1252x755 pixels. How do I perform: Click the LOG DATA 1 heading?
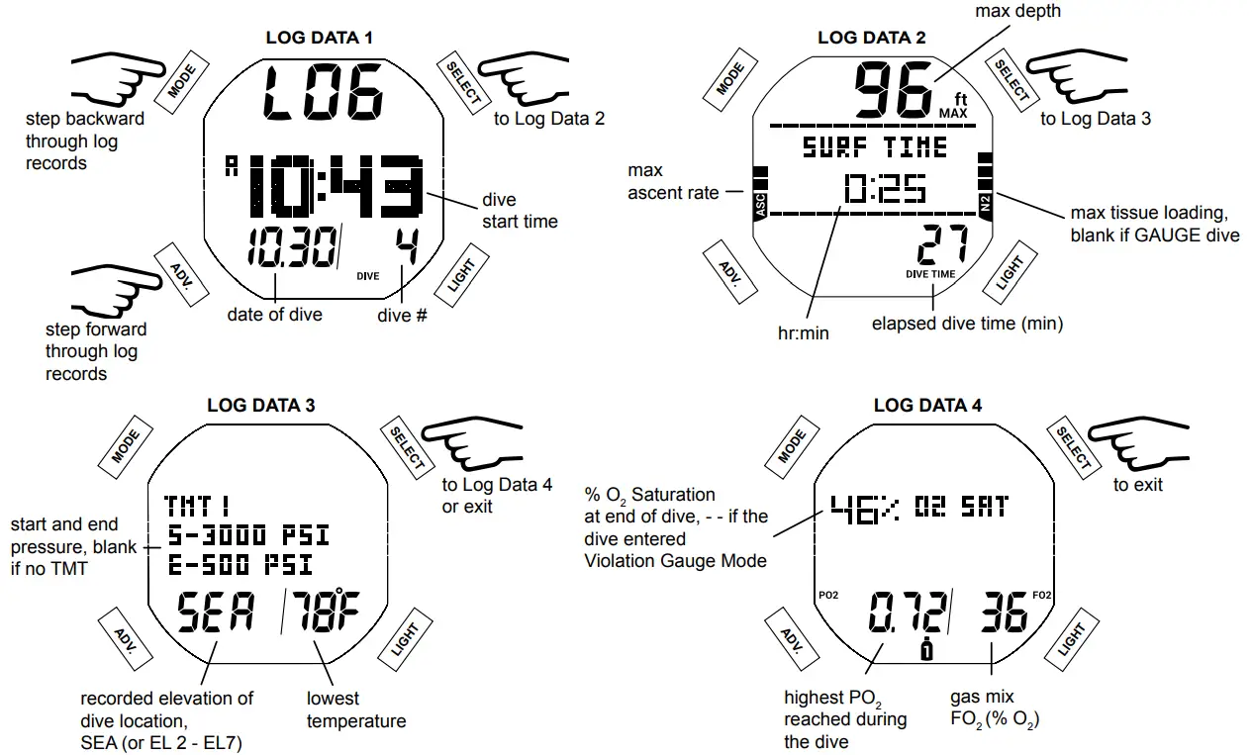[320, 39]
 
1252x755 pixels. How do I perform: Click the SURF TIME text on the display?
[874, 148]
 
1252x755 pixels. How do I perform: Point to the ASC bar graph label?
[760, 205]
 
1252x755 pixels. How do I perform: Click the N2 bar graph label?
[986, 205]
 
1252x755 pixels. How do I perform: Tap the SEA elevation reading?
[215, 615]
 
